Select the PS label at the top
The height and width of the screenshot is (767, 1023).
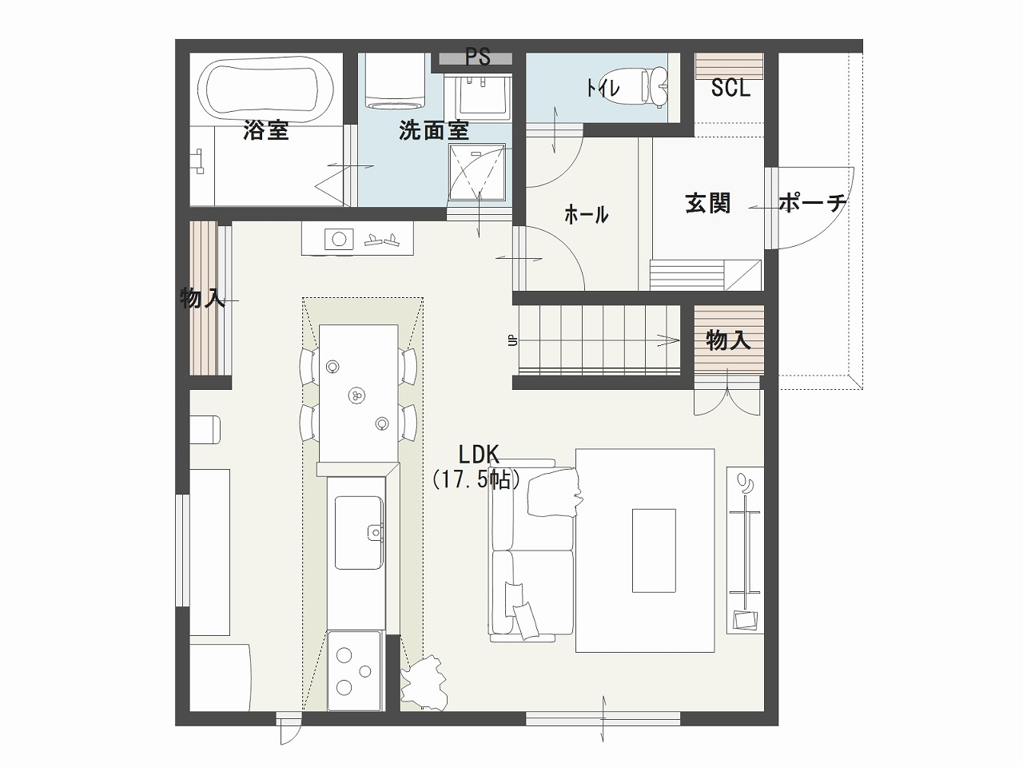pos(478,58)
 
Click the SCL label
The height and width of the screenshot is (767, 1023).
pos(730,88)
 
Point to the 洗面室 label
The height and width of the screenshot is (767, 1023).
pos(434,130)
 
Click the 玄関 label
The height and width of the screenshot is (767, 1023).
pos(707,204)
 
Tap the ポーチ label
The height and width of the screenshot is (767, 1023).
pos(813,203)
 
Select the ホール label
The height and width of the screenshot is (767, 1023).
pos(587,215)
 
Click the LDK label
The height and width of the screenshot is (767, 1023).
pos(479,455)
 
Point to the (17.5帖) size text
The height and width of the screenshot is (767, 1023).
pos(476,479)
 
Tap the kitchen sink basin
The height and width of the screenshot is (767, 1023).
pos(359,532)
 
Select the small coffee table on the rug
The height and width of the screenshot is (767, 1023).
pos(654,550)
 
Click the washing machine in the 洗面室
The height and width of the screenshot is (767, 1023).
pos(394,81)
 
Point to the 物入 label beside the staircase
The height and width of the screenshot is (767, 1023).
pos(728,340)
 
